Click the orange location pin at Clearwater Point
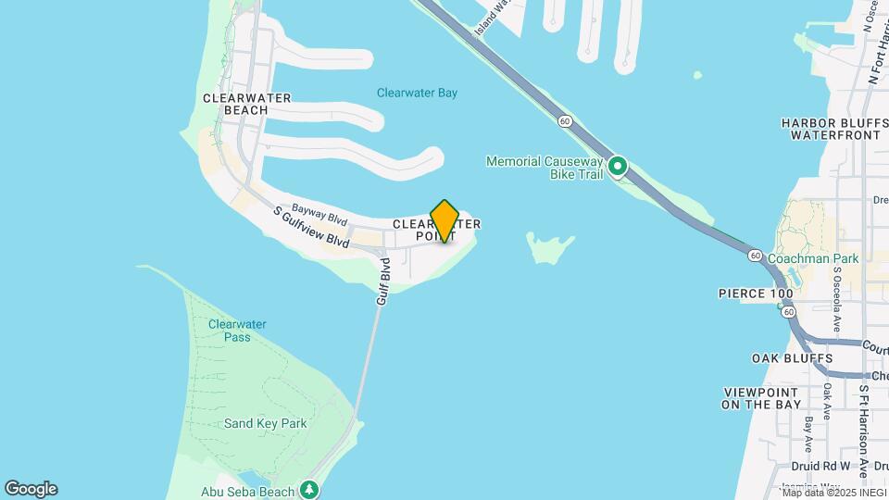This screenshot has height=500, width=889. (x=444, y=220)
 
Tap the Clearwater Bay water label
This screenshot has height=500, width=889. (x=417, y=93)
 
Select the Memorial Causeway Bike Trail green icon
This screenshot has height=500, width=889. (x=618, y=168)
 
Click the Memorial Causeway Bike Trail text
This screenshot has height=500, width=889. (x=545, y=168)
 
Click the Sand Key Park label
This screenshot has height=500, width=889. (x=265, y=423)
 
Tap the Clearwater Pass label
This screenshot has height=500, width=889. (x=237, y=331)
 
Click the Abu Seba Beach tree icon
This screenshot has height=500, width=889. (x=311, y=490)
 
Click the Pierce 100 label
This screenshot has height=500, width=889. (x=756, y=294)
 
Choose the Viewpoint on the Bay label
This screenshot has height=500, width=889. (x=760, y=398)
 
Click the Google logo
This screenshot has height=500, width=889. (x=31, y=489)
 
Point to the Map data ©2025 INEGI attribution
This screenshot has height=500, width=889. (x=833, y=493)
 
